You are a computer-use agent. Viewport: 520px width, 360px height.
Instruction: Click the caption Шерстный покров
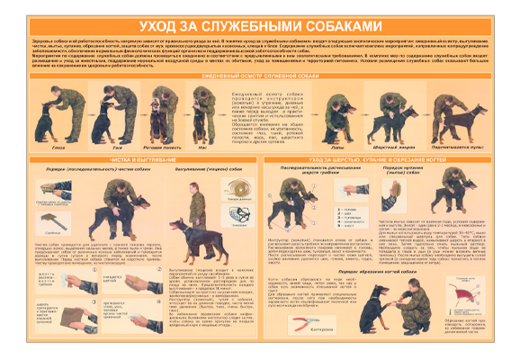tap(393, 143)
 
